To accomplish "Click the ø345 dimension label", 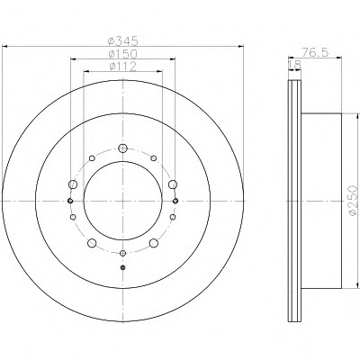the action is click(x=122, y=40).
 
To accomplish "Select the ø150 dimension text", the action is click(x=122, y=54).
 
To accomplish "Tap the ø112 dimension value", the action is click(x=122, y=67).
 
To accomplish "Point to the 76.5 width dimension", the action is click(x=315, y=52).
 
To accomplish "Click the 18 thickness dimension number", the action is click(x=294, y=64).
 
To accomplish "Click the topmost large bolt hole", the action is click(x=122, y=148).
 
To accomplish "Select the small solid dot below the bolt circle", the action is click(x=122, y=267).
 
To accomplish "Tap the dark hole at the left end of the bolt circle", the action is click(x=70, y=201).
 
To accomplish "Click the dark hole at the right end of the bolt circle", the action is click(x=175, y=201).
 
